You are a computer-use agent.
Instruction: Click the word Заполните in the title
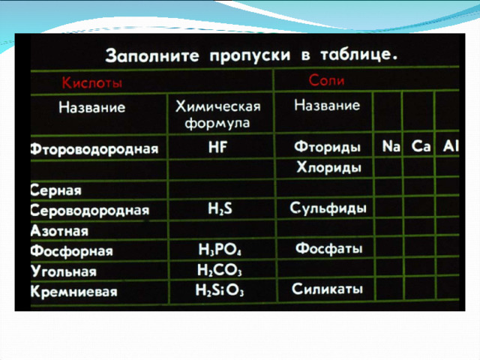coord(152,55)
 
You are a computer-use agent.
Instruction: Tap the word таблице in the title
coord(358,55)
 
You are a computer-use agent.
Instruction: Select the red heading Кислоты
coord(92,82)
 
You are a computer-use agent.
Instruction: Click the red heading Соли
coord(327,80)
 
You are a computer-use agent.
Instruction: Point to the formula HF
coord(217,147)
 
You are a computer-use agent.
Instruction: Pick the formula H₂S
coord(220,208)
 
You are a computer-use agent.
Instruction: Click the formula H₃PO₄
coord(220,250)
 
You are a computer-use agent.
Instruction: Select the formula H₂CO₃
coord(220,270)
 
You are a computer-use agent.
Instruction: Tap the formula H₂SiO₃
coord(220,290)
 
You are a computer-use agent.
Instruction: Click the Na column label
coord(391,146)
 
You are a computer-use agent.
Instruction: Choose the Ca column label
coord(421,146)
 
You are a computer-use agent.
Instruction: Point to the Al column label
coord(451,146)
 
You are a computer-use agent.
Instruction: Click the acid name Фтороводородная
coord(94,149)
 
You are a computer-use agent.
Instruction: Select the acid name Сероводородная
coord(90,210)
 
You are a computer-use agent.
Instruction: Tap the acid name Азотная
coord(59,230)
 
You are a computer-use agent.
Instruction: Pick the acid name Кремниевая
coord(73,291)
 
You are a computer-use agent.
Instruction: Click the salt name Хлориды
coord(328,168)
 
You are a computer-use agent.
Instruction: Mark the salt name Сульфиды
coord(328,208)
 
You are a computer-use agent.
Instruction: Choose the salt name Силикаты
coord(327,289)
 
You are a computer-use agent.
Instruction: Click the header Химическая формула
coord(218,115)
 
